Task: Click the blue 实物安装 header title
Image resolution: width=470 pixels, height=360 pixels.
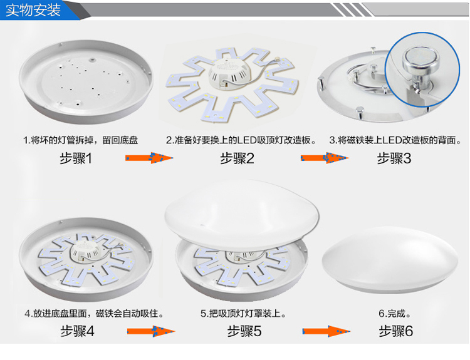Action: click(x=33, y=10)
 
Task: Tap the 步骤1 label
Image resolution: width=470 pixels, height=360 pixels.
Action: click(x=76, y=158)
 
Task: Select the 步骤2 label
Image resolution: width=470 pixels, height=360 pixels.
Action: click(x=237, y=158)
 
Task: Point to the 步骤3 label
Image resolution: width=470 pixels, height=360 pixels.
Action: click(x=394, y=158)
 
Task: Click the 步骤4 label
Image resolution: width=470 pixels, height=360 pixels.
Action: click(x=77, y=331)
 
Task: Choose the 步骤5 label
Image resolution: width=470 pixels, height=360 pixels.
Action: click(x=244, y=331)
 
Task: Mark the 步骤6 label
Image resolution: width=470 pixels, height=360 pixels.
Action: click(x=396, y=331)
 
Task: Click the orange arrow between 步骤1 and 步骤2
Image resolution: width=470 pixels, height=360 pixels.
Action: click(x=149, y=158)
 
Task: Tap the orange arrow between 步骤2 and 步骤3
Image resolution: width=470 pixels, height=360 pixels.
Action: click(x=325, y=158)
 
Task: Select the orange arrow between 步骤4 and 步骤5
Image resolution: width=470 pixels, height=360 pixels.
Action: click(x=151, y=331)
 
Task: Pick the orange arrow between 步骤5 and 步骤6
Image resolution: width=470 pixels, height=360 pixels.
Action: click(x=326, y=331)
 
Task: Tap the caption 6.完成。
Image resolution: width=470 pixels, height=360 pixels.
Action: click(x=394, y=314)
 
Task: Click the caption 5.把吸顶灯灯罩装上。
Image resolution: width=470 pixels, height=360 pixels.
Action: click(x=243, y=314)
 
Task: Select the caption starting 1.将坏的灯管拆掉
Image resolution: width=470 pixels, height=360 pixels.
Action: click(x=80, y=140)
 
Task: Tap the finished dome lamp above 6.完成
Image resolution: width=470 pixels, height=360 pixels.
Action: click(x=390, y=260)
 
